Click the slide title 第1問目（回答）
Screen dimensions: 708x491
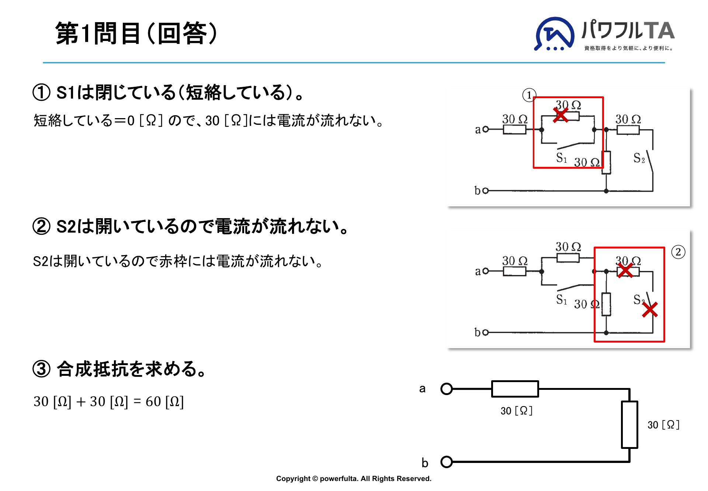coord(136,33)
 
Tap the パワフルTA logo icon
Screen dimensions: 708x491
coord(554,34)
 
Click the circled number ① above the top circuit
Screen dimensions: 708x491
coord(529,95)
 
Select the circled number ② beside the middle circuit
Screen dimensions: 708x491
coord(678,252)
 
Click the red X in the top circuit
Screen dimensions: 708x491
coord(561,115)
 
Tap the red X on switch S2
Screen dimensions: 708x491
coord(650,310)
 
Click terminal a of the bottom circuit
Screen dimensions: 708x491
coord(447,389)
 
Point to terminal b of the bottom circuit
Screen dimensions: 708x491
coord(447,462)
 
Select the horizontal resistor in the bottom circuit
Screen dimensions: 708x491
coord(515,389)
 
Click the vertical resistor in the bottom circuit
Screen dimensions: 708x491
coord(629,425)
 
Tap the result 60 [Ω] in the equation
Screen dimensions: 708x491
coord(164,401)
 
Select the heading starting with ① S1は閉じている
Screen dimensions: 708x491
coord(168,92)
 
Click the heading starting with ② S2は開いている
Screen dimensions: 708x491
coord(191,226)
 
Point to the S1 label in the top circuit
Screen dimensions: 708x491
coord(561,158)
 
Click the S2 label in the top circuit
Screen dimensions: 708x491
coord(639,158)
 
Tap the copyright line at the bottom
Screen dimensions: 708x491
coord(354,478)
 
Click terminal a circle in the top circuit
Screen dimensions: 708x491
coord(486,129)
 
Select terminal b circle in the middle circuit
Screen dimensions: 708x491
coord(486,332)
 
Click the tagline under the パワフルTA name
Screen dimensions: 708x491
coord(629,48)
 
